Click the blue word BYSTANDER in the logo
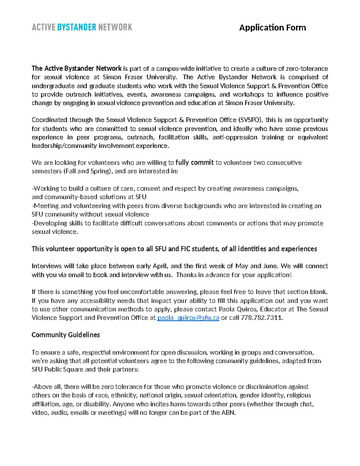click(76, 27)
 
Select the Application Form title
click(272, 28)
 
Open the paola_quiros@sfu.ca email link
click(188, 318)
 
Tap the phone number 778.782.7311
click(262, 318)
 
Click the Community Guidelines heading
click(65, 335)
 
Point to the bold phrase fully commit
click(194, 163)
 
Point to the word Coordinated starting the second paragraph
click(49, 120)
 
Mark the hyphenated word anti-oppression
click(235, 137)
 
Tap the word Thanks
click(186, 275)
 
